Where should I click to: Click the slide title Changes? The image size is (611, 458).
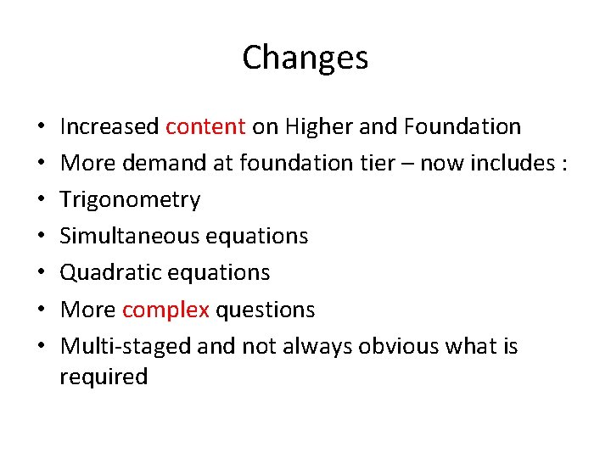click(x=305, y=58)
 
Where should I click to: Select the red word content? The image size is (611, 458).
click(x=205, y=127)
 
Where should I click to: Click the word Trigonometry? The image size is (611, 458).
click(x=130, y=200)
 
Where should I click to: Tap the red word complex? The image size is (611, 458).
click(x=165, y=310)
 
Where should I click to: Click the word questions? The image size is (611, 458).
click(x=265, y=310)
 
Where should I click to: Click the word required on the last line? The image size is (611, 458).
click(x=104, y=377)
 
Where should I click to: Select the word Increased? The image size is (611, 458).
click(x=109, y=127)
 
